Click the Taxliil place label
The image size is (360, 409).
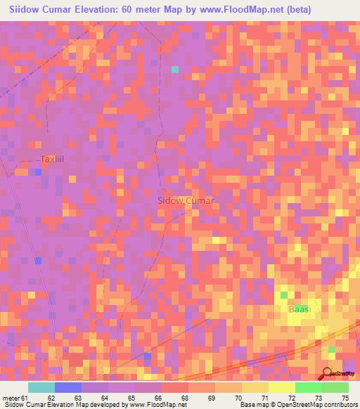point(52,160)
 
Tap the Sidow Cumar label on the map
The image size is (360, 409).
point(185,200)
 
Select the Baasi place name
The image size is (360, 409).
point(300,309)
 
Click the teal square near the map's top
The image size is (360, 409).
point(175,69)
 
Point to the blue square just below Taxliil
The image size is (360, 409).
point(37,171)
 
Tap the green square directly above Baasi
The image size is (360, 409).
point(285,295)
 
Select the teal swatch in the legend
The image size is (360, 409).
point(41,387)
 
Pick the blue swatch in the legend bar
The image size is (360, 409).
point(68,387)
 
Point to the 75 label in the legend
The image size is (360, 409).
point(345,397)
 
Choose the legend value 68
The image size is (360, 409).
point(184,397)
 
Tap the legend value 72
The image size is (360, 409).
point(291,397)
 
